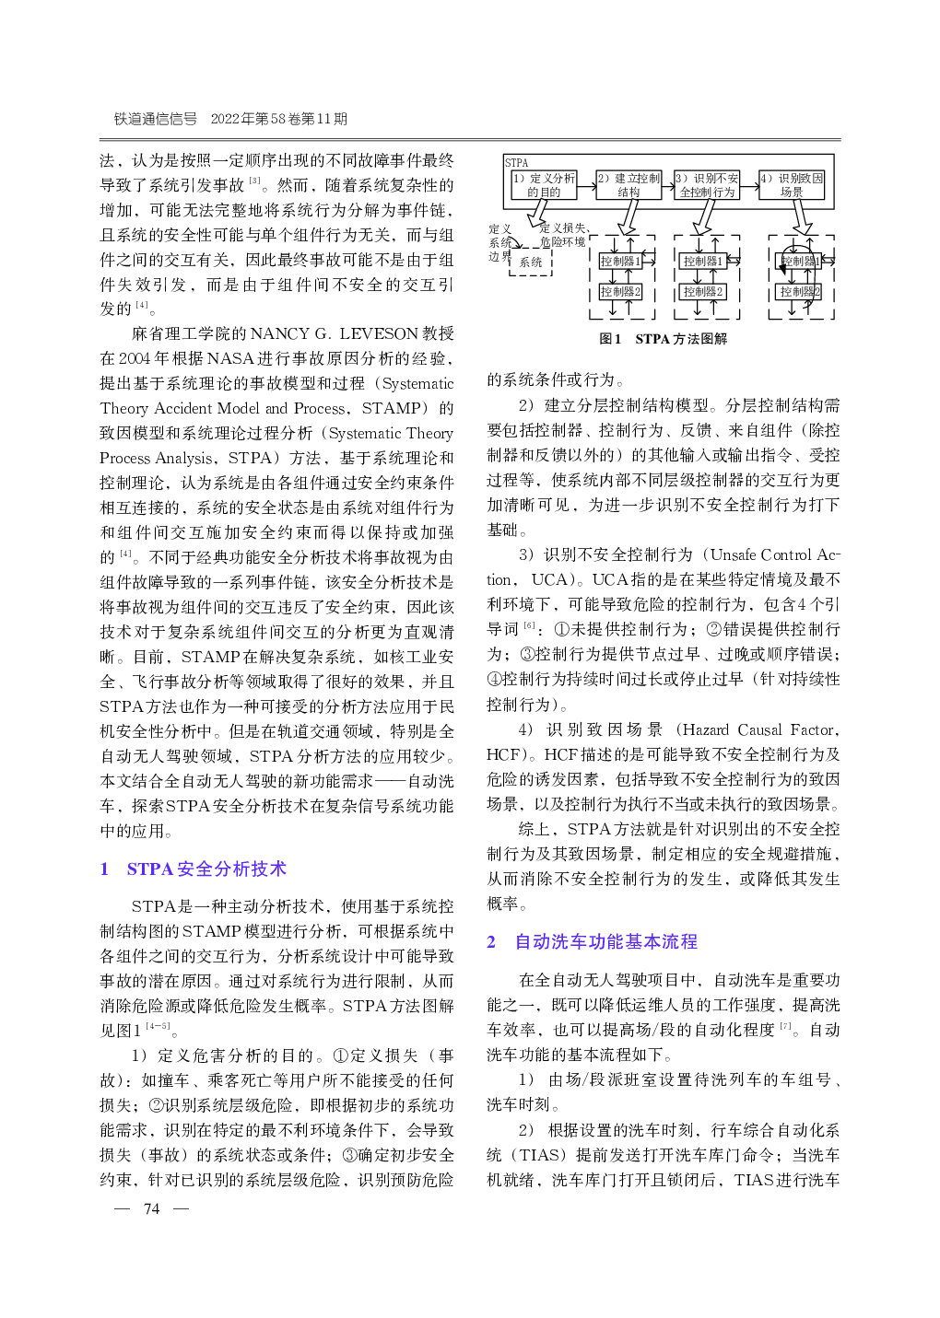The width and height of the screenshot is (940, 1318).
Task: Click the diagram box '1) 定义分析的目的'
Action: point(544,185)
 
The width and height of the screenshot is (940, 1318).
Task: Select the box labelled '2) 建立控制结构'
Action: point(629,185)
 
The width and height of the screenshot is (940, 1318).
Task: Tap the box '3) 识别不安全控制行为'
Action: point(707,185)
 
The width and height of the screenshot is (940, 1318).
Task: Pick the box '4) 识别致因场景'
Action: point(791,185)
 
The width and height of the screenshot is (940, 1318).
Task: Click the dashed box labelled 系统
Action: point(531,262)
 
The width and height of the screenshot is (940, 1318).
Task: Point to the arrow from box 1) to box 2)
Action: point(585,185)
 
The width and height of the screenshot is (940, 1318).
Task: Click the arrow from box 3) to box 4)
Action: point(748,185)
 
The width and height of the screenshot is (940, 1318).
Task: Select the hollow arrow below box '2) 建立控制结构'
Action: point(629,217)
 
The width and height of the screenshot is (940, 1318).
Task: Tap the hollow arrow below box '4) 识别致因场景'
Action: point(803,217)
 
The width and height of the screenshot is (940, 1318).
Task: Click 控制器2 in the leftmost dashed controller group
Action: point(620,292)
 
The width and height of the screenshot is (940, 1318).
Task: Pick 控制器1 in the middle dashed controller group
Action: point(703,262)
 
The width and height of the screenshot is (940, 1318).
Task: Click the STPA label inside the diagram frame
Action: point(517,163)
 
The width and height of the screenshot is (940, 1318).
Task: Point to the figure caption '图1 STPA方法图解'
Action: point(664,339)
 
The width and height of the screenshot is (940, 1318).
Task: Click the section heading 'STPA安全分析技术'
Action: point(206,869)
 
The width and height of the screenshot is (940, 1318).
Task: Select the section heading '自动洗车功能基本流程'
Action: point(605,942)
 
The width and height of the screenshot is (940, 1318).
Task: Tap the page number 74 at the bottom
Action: point(152,1208)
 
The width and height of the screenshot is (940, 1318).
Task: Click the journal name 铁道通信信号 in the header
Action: point(156,119)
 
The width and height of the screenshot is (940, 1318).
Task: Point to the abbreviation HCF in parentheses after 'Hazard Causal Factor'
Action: point(504,754)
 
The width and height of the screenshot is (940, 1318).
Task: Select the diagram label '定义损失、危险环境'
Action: point(562,235)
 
